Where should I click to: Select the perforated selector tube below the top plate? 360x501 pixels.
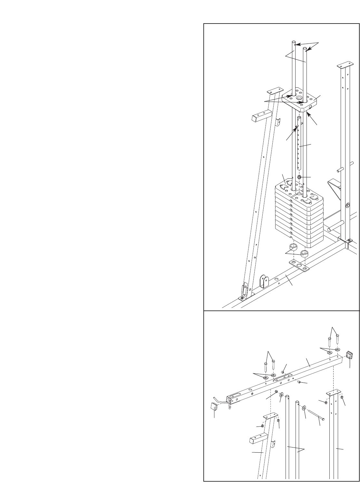pyautogui.click(x=299, y=148)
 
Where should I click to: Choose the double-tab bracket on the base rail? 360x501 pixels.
pyautogui.click(x=264, y=281)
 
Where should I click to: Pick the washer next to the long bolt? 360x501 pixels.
pyautogui.click(x=304, y=408)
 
